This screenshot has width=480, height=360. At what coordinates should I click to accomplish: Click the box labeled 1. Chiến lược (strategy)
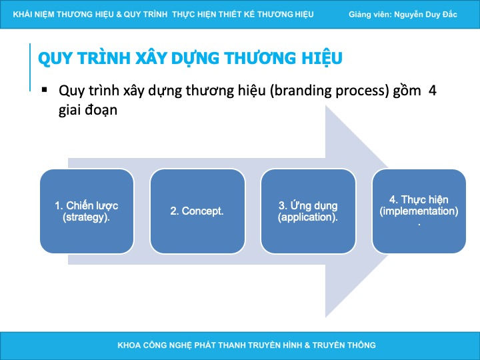pyautogui.click(x=87, y=211)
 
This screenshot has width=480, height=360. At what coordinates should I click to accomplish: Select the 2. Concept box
pyautogui.click(x=197, y=211)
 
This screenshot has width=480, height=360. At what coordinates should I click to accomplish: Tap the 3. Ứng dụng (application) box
pyautogui.click(x=308, y=211)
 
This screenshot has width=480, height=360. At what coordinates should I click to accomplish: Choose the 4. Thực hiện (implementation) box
pyautogui.click(x=419, y=211)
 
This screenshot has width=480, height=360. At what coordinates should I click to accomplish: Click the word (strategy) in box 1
pyautogui.click(x=86, y=217)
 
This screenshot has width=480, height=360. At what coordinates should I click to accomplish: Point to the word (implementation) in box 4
pyautogui.click(x=419, y=211)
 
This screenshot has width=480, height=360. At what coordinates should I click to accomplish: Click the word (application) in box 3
pyautogui.click(x=307, y=217)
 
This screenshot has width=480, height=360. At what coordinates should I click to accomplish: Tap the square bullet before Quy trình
pyautogui.click(x=45, y=90)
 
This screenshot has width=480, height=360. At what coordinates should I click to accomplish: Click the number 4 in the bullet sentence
pyautogui.click(x=432, y=91)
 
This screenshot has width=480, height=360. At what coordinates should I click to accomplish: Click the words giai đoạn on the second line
pyautogui.click(x=88, y=110)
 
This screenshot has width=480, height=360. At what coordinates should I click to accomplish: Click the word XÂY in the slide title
pyautogui.click(x=151, y=58)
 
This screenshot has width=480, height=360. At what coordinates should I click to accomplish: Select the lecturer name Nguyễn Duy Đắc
pyautogui.click(x=425, y=15)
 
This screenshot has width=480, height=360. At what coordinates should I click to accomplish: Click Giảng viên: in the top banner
pyautogui.click(x=370, y=15)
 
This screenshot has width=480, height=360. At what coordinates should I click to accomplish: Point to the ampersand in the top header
pyautogui.click(x=119, y=15)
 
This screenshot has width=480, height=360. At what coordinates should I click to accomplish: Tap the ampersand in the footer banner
pyautogui.click(x=307, y=345)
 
